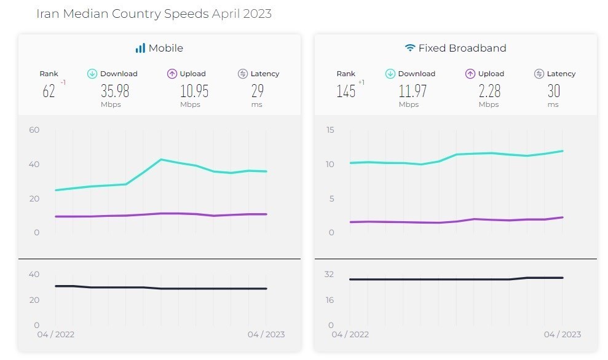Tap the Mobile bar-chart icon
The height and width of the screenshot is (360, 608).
140,48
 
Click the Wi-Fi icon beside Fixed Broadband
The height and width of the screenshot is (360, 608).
410,48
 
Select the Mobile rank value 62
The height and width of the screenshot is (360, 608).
49,92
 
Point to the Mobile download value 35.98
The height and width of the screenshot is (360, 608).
115,91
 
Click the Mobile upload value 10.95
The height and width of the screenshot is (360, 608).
194,91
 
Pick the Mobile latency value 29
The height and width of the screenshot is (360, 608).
258,91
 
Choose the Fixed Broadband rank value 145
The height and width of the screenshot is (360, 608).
346,92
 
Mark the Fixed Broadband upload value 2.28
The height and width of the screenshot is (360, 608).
489,91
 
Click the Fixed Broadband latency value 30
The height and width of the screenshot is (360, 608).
554,91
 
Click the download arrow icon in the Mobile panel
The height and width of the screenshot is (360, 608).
92,74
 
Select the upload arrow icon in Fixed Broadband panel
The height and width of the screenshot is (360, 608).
470,74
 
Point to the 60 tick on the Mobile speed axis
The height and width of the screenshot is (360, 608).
34,130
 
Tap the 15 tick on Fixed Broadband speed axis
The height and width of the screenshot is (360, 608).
330,130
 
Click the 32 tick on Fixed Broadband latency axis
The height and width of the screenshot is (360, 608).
330,274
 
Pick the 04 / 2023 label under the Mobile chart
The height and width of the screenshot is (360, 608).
266,334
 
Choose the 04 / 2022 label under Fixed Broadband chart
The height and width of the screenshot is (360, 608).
350,334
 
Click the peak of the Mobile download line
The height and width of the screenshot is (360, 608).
161,159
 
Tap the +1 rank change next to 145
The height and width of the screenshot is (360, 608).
361,82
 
